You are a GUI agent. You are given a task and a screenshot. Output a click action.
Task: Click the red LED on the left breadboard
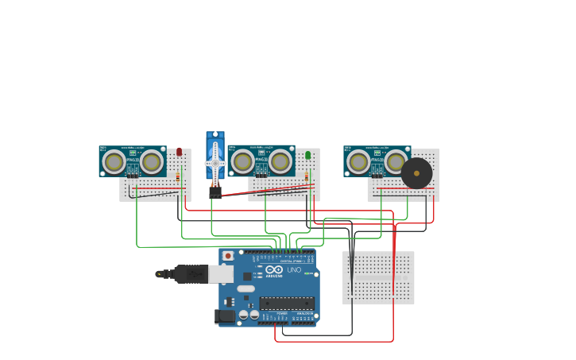tap(179, 151)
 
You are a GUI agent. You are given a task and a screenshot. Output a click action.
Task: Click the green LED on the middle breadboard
tap(308, 155)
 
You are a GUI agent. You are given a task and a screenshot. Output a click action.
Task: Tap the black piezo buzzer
tap(416, 173)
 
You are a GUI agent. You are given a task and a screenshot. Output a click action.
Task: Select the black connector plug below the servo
tap(215, 192)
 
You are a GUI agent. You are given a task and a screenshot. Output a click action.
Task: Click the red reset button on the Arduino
tap(228, 256)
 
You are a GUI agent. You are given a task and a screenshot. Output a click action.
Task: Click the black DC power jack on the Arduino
tap(224, 316)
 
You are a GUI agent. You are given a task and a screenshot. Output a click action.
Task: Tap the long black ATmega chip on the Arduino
tap(287, 303)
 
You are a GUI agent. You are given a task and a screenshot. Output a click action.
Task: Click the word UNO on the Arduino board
tap(294, 270)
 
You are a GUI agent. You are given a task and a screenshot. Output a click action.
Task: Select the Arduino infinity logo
tap(273, 270)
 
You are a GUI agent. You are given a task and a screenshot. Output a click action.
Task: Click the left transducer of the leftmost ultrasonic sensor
tap(114, 162)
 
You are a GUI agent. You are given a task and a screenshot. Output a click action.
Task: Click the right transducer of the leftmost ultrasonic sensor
tap(151, 162)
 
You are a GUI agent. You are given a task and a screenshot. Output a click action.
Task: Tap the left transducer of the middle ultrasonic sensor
tap(243, 162)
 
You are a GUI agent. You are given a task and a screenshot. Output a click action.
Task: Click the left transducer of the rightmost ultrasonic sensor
tap(359, 162)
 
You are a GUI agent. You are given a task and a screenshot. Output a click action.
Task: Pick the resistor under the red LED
tap(178, 177)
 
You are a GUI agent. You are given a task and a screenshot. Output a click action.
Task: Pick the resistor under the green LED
tap(308, 177)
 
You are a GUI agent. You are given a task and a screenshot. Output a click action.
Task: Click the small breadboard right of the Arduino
tap(378, 277)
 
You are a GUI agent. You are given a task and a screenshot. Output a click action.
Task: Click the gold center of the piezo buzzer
tap(416, 173)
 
